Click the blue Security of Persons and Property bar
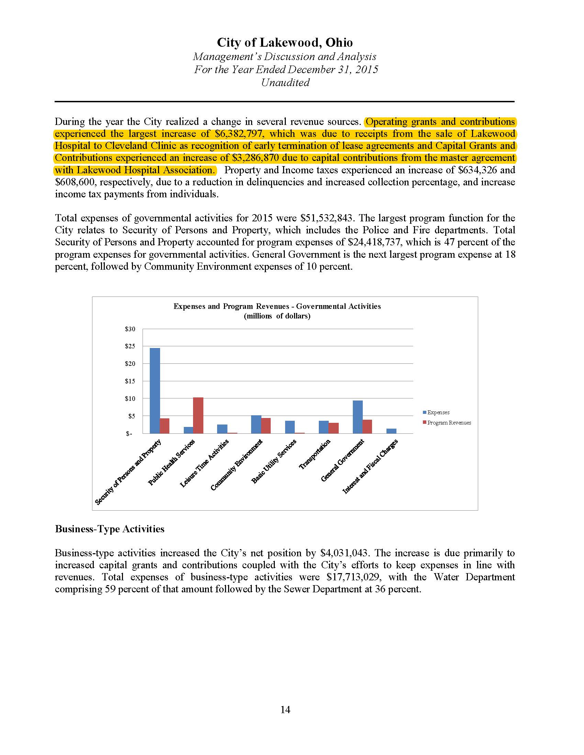(x=155, y=390)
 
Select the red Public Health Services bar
(x=198, y=415)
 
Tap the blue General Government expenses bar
(x=358, y=417)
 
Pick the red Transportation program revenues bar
(x=334, y=428)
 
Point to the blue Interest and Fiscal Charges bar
(x=391, y=431)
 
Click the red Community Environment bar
(x=266, y=426)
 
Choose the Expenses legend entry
(x=438, y=413)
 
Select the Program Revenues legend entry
(x=449, y=423)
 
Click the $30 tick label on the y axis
(x=130, y=329)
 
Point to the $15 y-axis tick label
(x=130, y=381)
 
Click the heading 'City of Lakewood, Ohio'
(x=285, y=43)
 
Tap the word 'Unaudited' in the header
(x=285, y=83)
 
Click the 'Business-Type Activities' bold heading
(x=110, y=529)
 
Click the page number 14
(x=285, y=710)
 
